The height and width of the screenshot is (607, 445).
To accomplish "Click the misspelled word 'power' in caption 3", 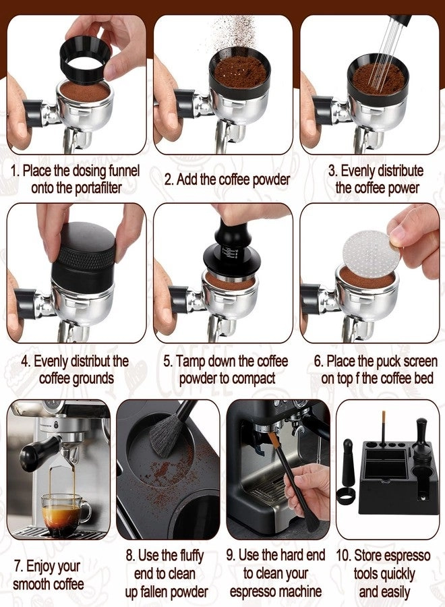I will [402, 187].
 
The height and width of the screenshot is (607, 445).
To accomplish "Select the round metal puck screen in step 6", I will [369, 250].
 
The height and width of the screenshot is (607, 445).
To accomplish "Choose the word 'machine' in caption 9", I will [298, 591].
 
